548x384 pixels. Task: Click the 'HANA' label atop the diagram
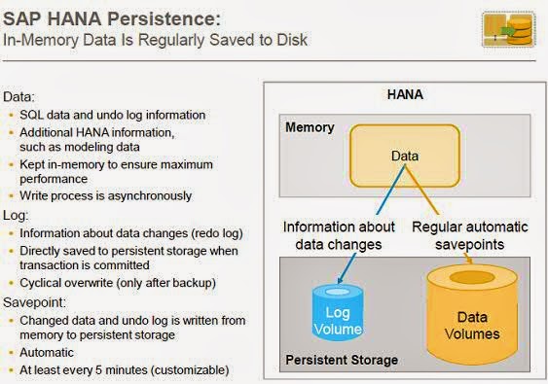[x=404, y=95]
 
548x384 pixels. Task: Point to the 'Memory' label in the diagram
[x=309, y=127]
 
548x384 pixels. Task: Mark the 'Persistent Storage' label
[x=341, y=361]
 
